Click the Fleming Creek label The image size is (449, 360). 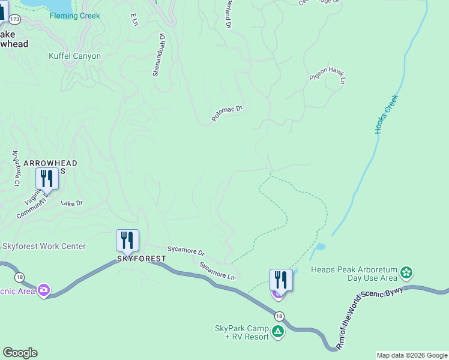tap(75, 16)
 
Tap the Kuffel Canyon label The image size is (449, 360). tap(74, 56)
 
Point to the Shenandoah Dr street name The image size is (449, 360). tap(157, 55)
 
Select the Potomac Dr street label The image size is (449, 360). tap(227, 113)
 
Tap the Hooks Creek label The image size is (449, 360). tap(387, 113)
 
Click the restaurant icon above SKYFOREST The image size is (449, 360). tap(127, 240)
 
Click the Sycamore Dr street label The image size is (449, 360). tap(186, 253)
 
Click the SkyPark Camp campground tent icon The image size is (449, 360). tap(277, 332)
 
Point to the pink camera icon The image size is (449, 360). tap(43, 290)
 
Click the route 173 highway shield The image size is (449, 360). tap(15, 19)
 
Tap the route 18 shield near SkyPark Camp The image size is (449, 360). tap(279, 316)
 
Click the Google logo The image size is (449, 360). tap(20, 353)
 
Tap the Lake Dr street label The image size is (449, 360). tap(71, 203)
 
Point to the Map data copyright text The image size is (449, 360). tap(412, 355)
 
